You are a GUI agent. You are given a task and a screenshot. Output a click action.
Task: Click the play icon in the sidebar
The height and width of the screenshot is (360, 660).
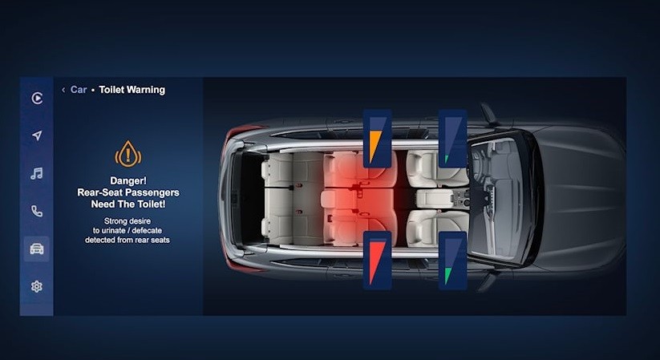click(37, 98)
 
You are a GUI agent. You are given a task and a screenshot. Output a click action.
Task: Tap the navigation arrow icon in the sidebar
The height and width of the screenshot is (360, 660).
click(37, 136)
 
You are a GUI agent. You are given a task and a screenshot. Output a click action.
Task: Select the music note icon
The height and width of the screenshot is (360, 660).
click(37, 173)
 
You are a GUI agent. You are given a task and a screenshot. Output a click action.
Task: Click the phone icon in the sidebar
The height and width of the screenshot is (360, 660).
click(37, 211)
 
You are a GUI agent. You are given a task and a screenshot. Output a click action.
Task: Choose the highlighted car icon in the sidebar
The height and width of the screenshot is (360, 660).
click(37, 249)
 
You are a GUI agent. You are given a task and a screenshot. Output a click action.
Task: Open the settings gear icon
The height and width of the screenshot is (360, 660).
click(37, 286)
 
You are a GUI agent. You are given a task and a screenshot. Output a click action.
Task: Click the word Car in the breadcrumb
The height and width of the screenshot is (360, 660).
click(79, 90)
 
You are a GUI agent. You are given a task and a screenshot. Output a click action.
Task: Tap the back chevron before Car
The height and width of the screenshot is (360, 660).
click(63, 90)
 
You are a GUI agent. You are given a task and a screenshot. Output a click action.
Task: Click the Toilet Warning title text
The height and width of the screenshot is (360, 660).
click(132, 90)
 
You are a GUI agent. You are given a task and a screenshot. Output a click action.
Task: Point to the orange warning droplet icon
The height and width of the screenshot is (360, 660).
click(128, 154)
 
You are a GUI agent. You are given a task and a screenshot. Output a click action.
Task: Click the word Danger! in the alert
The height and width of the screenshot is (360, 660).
click(128, 180)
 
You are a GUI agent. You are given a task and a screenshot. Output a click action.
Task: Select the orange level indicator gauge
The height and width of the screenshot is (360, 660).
click(377, 139)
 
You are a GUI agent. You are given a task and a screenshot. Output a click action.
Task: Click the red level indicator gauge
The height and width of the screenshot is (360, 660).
click(377, 261)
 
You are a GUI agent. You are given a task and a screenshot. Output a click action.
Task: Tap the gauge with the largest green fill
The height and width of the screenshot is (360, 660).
click(453, 261)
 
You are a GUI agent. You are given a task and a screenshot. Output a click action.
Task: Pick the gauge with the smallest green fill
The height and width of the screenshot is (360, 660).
click(453, 139)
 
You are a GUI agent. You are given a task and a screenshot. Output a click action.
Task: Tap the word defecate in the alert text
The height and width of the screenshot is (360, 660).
click(147, 230)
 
